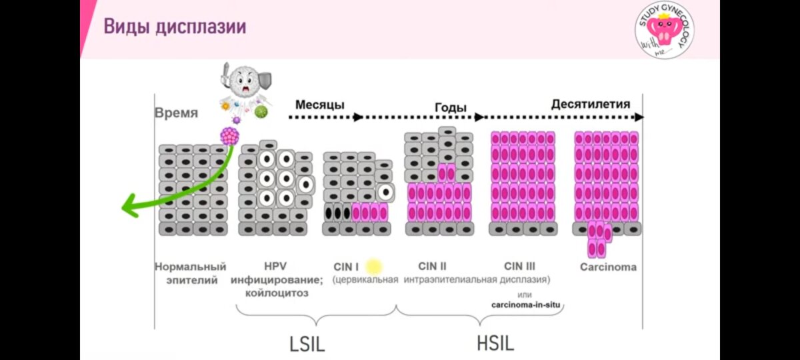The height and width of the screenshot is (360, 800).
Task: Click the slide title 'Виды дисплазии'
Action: point(175,27)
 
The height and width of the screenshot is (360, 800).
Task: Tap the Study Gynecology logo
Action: point(661,29)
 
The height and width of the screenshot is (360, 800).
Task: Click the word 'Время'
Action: point(176,113)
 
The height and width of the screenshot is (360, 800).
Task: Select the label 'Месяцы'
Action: point(320,105)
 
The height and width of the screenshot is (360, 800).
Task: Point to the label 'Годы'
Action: point(451,108)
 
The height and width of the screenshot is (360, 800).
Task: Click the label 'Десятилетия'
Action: point(591,104)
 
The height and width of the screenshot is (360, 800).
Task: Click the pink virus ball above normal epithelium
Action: point(230,136)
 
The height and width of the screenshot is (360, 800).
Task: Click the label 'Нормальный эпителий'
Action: point(191,273)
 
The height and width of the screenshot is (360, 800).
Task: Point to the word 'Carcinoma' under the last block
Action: point(608,267)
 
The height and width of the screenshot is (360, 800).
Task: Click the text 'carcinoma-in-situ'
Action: point(526,305)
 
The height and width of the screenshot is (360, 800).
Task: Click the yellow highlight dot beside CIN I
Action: point(373,267)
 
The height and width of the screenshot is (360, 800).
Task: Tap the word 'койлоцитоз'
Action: point(270,293)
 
